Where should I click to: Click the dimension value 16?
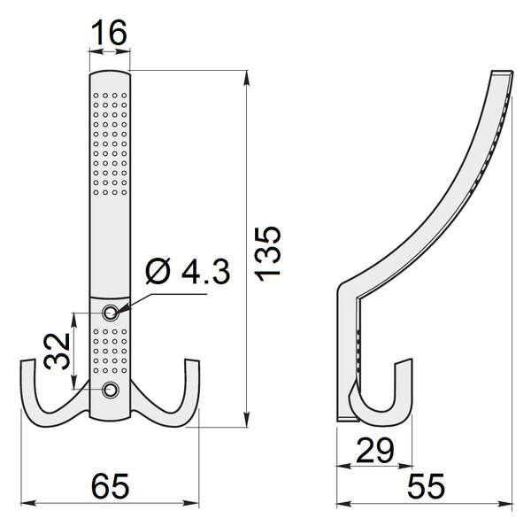click(x=109, y=33)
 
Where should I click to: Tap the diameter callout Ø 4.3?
click(x=189, y=271)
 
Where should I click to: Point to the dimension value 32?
click(x=57, y=352)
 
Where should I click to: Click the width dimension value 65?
click(x=110, y=486)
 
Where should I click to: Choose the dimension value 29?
click(x=375, y=451)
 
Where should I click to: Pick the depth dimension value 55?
click(x=426, y=486)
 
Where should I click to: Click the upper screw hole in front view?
click(x=110, y=313)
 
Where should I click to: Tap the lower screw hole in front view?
click(x=110, y=391)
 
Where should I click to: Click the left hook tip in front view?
click(x=27, y=361)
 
